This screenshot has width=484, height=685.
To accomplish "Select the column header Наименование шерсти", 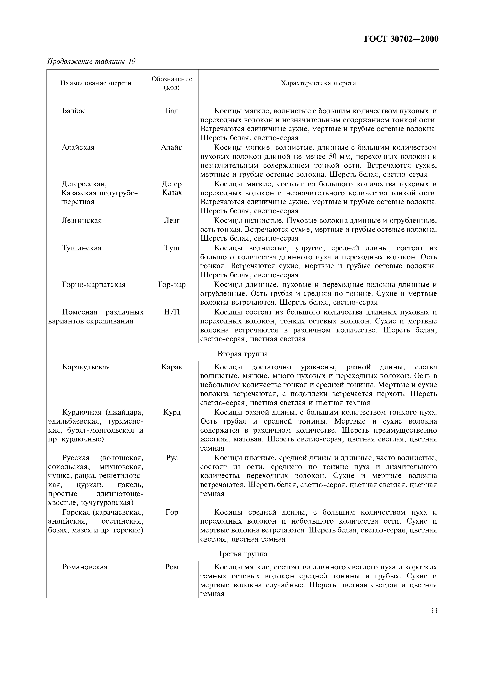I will tap(96, 83).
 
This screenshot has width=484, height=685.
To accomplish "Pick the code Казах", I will tap(172, 193).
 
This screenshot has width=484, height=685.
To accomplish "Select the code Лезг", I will tap(172, 221).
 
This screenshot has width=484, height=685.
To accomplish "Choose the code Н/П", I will tap(172, 312).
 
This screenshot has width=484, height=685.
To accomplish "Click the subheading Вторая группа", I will tap(243, 354).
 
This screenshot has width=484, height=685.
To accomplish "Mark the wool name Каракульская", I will tap(86, 367).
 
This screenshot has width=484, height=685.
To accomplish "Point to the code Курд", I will tap(172, 412).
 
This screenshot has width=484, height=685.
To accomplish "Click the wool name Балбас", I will tap(74, 111).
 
